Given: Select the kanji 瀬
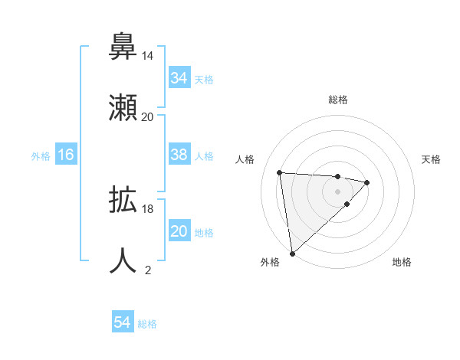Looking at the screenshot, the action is tap(123, 107).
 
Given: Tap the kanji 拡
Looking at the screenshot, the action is tap(123, 201).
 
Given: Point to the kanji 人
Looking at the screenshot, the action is tap(123, 260).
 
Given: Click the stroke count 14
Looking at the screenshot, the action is tap(147, 56).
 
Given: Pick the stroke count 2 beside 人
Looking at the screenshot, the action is tap(147, 270).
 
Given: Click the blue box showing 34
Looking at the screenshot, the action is tap(179, 77).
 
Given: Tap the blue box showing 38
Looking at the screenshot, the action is tap(179, 155).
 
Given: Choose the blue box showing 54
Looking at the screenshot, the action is tap(122, 322).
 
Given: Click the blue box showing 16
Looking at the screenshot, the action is tap(66, 155).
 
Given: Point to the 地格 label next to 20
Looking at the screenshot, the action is tap(204, 232).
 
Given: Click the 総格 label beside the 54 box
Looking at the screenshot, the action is tap(147, 324).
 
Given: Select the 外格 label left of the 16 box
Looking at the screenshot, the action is tap(41, 155).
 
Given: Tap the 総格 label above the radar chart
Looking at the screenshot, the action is tap(337, 100).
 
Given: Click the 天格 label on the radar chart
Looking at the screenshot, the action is tap(432, 159).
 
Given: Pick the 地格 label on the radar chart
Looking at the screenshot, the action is tap(402, 262).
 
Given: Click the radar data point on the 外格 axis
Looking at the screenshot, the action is tap(291, 253).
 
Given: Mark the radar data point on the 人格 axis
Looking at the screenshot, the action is tap(280, 172).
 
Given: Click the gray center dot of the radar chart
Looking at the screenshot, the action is tap(337, 191).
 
